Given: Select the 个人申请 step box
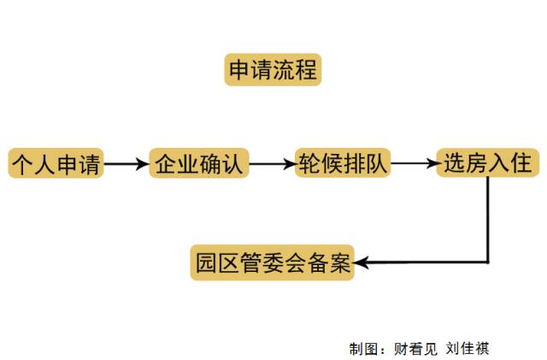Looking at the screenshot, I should pos(56,163).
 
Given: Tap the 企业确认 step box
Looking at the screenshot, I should pos(200,163).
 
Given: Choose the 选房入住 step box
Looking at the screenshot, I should pos(486,163).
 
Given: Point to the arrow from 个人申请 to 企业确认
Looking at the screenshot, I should pos(126,164).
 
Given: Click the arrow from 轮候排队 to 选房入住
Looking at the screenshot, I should pos(414,163).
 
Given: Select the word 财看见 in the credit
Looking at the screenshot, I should pos(415,349).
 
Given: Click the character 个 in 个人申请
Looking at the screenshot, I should pos(23,163).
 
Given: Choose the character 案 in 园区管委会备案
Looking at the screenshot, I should pos(340,263).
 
